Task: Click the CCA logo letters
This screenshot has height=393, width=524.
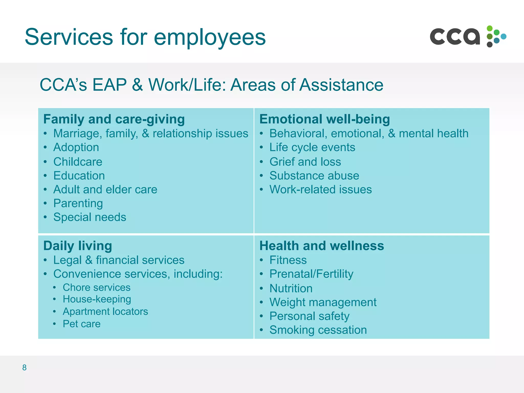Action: pos(455,37)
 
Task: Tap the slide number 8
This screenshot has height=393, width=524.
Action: pos(24,367)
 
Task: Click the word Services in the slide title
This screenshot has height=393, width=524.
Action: pos(69,37)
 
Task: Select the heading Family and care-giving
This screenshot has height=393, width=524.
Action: pos(114,119)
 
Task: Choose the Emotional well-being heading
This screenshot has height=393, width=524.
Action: pos(324,119)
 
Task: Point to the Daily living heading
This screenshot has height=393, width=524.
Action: pos(78,246)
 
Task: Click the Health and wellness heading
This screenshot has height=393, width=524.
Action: pos(322,246)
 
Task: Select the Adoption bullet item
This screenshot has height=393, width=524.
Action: pos(76,147)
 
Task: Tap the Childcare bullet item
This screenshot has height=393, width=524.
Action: pos(78,162)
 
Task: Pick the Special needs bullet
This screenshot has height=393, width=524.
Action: pos(90,217)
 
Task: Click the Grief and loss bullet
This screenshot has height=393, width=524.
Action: pos(305,162)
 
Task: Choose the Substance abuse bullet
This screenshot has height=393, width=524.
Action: pos(314,176)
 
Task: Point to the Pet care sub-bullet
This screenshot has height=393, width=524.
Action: pos(82,324)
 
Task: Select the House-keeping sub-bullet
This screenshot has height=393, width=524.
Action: pos(97,299)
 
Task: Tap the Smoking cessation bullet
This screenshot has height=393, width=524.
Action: pos(318,330)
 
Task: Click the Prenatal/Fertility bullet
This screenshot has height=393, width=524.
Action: pos(311,274)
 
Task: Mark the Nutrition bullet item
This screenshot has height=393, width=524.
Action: pos(291,288)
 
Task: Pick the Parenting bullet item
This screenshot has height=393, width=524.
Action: pos(78,203)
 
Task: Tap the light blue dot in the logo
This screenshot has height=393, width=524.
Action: pos(503,37)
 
